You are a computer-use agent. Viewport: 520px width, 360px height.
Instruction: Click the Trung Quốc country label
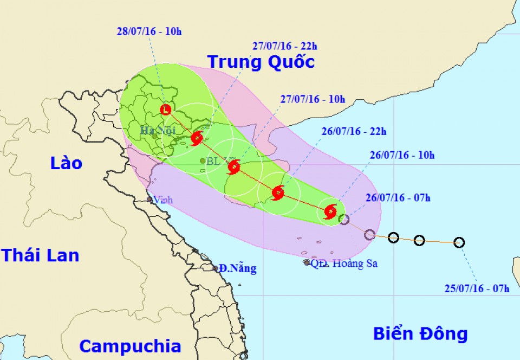261,62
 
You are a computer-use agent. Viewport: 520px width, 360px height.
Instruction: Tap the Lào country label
66,163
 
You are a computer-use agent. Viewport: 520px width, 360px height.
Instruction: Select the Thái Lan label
40,255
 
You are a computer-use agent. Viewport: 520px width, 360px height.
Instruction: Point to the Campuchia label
130,346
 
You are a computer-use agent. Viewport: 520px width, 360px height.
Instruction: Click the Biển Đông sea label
420,333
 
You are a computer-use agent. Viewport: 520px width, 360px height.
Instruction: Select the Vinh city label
163,200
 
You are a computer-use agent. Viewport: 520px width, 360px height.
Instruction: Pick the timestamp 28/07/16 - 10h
149,31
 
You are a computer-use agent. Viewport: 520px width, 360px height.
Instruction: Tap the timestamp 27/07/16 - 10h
313,99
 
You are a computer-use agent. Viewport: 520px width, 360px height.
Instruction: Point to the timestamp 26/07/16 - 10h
402,156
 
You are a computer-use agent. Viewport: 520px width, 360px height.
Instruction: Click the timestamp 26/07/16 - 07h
398,198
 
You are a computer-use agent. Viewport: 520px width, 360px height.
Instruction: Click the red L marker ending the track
166,111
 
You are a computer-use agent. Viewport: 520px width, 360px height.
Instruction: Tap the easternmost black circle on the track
459,242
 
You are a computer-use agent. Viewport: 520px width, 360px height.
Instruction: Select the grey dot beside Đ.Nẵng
216,268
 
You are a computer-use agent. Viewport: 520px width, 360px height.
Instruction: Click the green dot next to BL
203,160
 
